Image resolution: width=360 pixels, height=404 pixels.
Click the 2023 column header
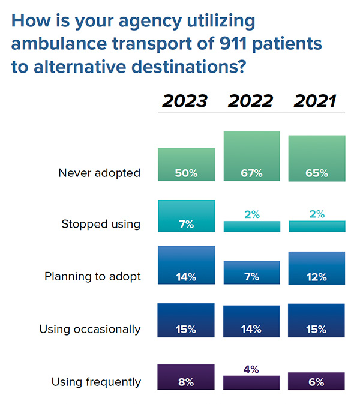pyautogui.click(x=185, y=101)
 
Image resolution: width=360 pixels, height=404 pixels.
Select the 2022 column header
pyautogui.click(x=251, y=101)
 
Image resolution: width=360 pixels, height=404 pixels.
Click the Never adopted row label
pyautogui.click(x=99, y=173)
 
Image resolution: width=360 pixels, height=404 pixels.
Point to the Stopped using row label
pyautogui.click(x=101, y=224)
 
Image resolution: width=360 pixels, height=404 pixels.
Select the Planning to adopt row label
pyautogui.click(x=92, y=277)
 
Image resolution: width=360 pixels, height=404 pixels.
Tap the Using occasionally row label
pyautogui.click(x=89, y=329)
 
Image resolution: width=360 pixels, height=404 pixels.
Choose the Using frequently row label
pyautogui.click(x=96, y=382)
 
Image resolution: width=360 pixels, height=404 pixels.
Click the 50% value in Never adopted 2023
pyautogui.click(x=186, y=173)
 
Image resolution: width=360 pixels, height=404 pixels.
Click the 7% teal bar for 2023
pyautogui.click(x=186, y=217)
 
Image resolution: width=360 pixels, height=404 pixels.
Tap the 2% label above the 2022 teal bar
pyautogui.click(x=251, y=214)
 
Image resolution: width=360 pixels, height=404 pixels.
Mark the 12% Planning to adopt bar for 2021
pyautogui.click(x=317, y=268)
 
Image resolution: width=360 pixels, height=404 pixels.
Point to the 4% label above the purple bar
pyautogui.click(x=251, y=369)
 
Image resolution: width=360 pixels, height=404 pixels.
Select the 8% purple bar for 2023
pyautogui.click(x=186, y=378)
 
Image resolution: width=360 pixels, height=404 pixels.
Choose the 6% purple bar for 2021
pyautogui.click(x=317, y=382)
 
